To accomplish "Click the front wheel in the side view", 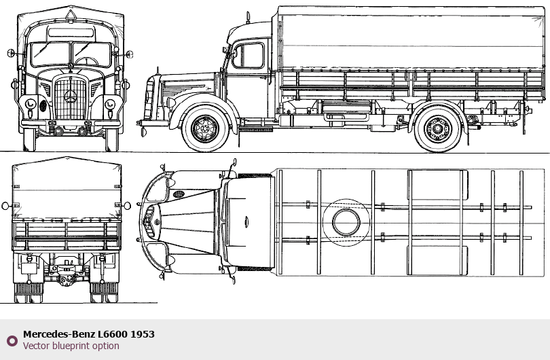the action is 205,128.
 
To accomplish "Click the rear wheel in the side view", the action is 438,129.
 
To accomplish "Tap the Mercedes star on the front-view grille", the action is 71,96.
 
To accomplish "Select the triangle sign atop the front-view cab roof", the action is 71,15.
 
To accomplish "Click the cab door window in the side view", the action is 248,56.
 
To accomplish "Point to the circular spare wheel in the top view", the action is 346,223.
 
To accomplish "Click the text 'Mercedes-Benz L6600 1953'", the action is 89,334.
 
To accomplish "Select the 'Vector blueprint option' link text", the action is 71,346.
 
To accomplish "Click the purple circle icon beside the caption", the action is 12,341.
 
